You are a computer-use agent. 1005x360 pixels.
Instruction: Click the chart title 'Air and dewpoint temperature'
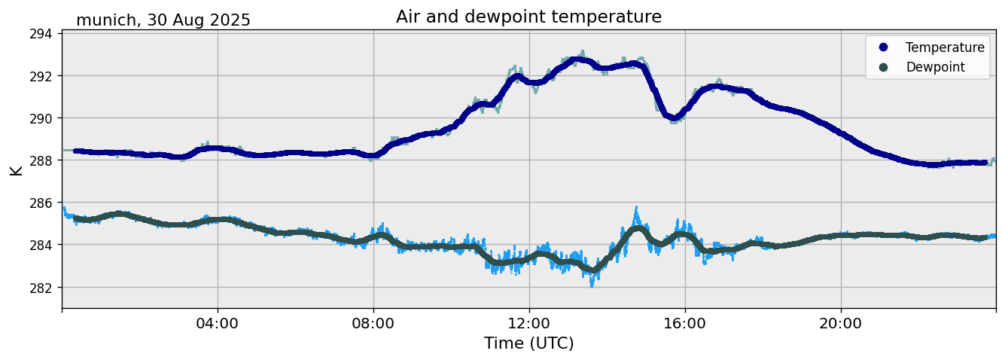coord(528,17)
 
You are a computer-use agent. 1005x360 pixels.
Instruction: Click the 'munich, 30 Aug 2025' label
coord(163,20)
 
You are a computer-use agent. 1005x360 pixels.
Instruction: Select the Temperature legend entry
coord(944,47)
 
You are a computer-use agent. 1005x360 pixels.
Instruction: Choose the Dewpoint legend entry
coord(934,67)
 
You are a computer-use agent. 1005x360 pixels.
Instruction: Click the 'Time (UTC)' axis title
coord(528,343)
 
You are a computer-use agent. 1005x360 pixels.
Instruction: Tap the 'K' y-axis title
coord(16,169)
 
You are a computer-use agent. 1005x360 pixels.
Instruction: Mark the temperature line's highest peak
coord(578,59)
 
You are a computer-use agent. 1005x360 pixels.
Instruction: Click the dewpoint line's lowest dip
coord(593,270)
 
